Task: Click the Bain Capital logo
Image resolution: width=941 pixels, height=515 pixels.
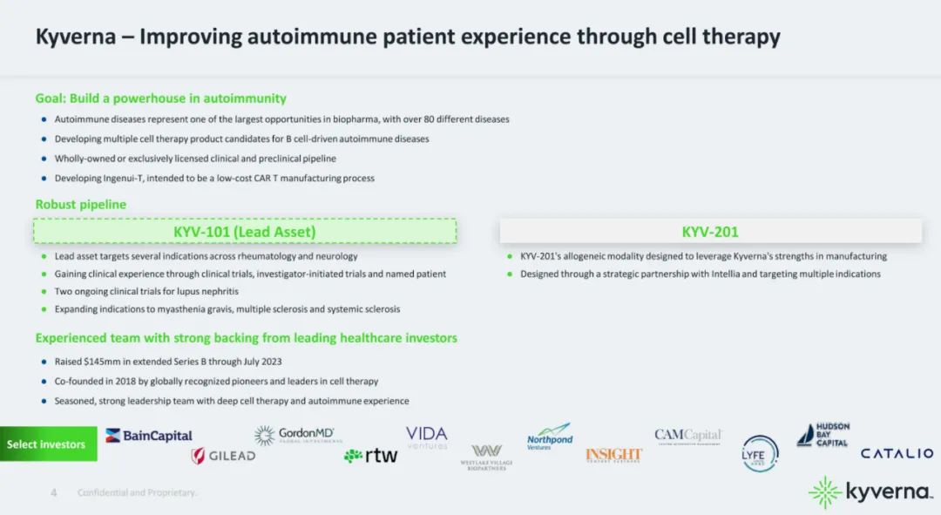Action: click(149, 435)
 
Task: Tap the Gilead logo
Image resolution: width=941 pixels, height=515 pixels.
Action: click(223, 456)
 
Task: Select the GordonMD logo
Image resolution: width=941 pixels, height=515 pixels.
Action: click(299, 435)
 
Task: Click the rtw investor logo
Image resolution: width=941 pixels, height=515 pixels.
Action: click(371, 455)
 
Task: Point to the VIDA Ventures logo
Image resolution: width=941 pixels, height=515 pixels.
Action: click(427, 437)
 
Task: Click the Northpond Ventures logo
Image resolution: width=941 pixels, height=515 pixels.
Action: click(550, 436)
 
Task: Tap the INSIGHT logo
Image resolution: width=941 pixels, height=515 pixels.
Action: click(613, 455)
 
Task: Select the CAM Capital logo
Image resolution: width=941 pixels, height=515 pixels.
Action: click(688, 436)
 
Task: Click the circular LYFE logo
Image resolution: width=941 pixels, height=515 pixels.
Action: click(761, 453)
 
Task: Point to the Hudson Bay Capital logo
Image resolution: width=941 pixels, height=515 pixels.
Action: click(823, 435)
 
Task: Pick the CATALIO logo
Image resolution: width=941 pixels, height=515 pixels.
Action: click(897, 453)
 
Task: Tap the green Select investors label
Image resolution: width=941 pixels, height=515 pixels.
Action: click(47, 444)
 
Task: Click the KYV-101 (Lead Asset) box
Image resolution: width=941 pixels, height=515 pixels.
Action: click(245, 231)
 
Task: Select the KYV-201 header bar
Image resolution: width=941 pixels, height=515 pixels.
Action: click(710, 231)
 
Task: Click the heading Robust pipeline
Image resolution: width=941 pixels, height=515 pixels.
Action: click(81, 204)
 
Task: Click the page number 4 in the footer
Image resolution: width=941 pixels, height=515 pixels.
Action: click(54, 492)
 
